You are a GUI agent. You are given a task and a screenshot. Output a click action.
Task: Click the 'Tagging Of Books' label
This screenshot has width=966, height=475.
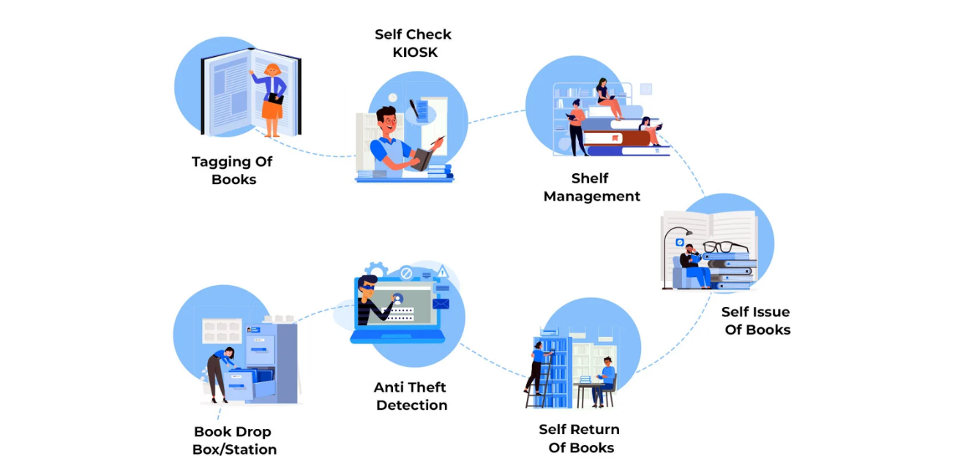pos(231,170)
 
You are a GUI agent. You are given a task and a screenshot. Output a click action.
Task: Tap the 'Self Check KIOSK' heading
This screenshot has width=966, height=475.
pos(413,43)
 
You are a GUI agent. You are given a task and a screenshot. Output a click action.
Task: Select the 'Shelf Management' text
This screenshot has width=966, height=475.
pos(591,187)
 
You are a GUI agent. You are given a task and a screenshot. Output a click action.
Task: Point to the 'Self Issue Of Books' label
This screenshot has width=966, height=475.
pos(756,321)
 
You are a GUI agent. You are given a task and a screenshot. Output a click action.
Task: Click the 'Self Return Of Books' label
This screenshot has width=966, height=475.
pos(580,438)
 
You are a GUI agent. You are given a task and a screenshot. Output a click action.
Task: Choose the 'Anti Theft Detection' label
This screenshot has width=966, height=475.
pos(411,396)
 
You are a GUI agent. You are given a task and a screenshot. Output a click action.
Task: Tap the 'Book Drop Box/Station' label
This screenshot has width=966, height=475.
pos(234,441)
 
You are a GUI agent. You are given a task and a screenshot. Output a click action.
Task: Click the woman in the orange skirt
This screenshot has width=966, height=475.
pos(272,99)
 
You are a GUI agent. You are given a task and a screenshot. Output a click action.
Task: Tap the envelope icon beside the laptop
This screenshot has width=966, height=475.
pos(441,304)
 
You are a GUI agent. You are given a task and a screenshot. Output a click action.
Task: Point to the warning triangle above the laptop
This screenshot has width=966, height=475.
pos(442,273)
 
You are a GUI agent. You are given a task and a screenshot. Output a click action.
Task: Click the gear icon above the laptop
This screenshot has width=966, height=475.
pos(376,270)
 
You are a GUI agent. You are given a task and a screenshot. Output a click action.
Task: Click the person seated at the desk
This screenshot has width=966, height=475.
pos(604,380)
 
